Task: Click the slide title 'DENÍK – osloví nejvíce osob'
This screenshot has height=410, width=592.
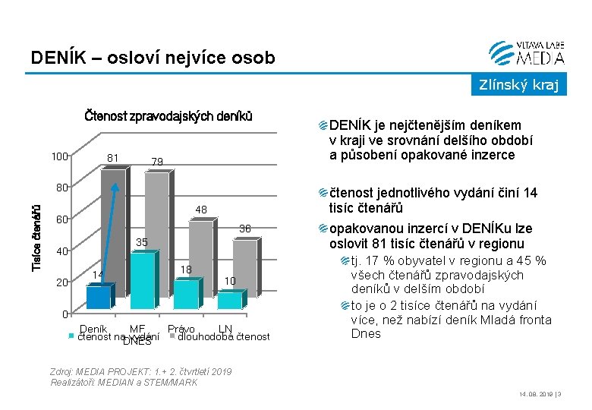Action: [x=153, y=58]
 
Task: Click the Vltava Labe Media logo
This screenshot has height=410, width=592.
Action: [x=527, y=52]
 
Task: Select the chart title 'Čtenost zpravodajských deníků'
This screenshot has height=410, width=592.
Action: [x=168, y=117]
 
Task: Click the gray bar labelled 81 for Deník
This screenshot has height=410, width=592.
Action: [x=115, y=228]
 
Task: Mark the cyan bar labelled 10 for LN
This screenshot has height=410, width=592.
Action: [x=229, y=300]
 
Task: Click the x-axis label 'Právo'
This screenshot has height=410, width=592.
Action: [x=181, y=329]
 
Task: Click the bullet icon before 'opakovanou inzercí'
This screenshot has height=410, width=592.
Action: [x=323, y=229]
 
